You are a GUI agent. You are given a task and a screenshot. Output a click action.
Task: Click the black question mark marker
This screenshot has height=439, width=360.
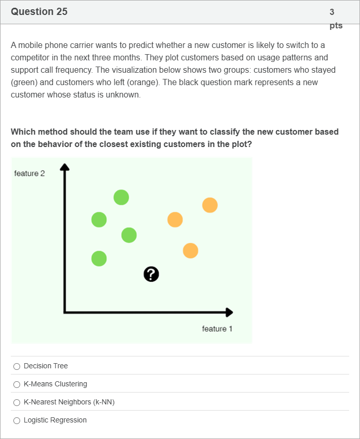pos(151,274)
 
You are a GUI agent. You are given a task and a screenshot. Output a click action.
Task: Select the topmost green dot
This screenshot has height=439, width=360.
pos(121,198)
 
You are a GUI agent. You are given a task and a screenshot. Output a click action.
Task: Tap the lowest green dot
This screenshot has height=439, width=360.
pos(99,258)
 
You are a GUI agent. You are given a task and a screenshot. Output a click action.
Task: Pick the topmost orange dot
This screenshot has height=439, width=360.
pos(210,205)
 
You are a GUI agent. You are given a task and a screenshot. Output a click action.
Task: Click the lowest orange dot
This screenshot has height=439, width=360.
pos(191,251)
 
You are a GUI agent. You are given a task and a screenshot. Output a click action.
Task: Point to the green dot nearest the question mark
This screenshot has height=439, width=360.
pos(129,235)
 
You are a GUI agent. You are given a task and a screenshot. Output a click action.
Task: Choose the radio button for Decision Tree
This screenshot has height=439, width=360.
pos(17,366)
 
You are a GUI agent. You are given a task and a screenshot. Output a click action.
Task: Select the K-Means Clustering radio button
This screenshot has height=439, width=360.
pos(17,384)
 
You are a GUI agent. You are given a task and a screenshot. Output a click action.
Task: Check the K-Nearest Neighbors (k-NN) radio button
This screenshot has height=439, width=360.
pos(17,402)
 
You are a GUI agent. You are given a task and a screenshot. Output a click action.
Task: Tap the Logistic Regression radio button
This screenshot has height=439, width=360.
pos(17,420)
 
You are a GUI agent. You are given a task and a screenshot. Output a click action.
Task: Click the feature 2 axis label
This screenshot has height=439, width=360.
pos(29,173)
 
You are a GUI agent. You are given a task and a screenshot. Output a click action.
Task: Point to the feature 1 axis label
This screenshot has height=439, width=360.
pos(217,329)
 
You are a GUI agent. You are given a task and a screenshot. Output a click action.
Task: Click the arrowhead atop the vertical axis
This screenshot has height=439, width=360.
pos(64,167)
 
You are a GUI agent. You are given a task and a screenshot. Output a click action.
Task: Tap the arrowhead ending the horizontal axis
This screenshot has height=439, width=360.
pos(230,313)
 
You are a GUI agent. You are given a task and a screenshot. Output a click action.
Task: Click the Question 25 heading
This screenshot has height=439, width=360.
pos(39,11)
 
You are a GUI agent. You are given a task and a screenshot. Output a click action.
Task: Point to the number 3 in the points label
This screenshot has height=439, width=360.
pos(332,12)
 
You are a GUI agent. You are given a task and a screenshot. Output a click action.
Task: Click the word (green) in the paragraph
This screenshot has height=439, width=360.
pos(24,83)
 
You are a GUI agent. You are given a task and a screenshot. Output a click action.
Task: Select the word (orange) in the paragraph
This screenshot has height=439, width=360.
pos(142,83)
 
